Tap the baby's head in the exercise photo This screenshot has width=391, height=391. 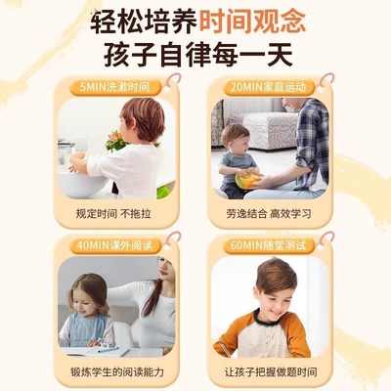click(234, 138)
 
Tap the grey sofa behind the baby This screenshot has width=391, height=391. click(269, 127)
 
